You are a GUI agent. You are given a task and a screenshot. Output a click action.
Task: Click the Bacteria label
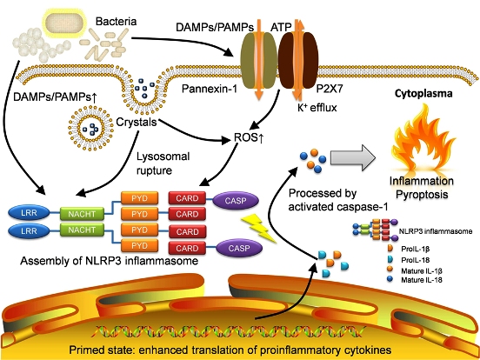[x=116, y=22]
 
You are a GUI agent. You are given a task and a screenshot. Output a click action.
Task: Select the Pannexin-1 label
[x=210, y=89]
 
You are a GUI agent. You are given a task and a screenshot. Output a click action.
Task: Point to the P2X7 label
[x=330, y=89]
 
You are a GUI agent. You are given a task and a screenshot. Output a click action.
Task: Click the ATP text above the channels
[x=281, y=27]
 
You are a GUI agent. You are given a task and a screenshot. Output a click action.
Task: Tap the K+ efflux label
[x=317, y=108]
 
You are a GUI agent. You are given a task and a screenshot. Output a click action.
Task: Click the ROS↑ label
[x=249, y=137]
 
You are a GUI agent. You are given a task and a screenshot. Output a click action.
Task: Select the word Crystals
[x=137, y=122]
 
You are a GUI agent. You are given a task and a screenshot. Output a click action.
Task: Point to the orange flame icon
[x=423, y=140]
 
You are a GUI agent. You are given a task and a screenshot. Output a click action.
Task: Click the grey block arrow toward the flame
[x=352, y=157]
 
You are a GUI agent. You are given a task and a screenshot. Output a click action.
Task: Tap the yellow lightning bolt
[x=258, y=228]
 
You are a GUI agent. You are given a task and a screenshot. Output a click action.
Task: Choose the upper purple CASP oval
[x=236, y=201]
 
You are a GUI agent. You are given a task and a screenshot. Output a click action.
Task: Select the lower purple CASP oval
[x=239, y=248]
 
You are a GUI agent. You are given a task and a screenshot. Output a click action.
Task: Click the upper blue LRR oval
[x=29, y=213]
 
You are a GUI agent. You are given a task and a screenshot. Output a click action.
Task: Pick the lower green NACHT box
[x=82, y=230]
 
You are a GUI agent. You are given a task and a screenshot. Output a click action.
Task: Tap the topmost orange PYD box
[x=140, y=198]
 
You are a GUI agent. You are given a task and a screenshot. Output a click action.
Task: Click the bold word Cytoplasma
[x=423, y=93]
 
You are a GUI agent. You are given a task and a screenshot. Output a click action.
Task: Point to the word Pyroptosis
[x=422, y=194]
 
